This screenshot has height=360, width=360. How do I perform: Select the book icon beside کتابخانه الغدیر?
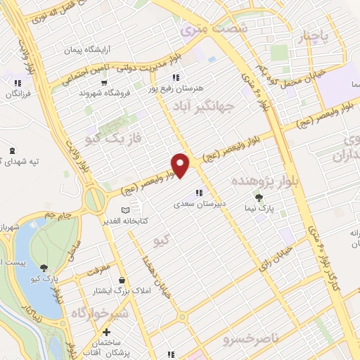pyautogui.click(x=126, y=210)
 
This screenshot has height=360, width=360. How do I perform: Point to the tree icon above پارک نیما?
pyautogui.click(x=259, y=198)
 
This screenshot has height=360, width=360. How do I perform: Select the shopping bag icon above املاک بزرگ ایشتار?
pyautogui.click(x=122, y=280)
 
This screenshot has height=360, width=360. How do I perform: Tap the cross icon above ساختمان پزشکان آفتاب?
pyautogui.click(x=106, y=332)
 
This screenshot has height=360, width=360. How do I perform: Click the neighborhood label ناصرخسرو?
pyautogui.click(x=250, y=340)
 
